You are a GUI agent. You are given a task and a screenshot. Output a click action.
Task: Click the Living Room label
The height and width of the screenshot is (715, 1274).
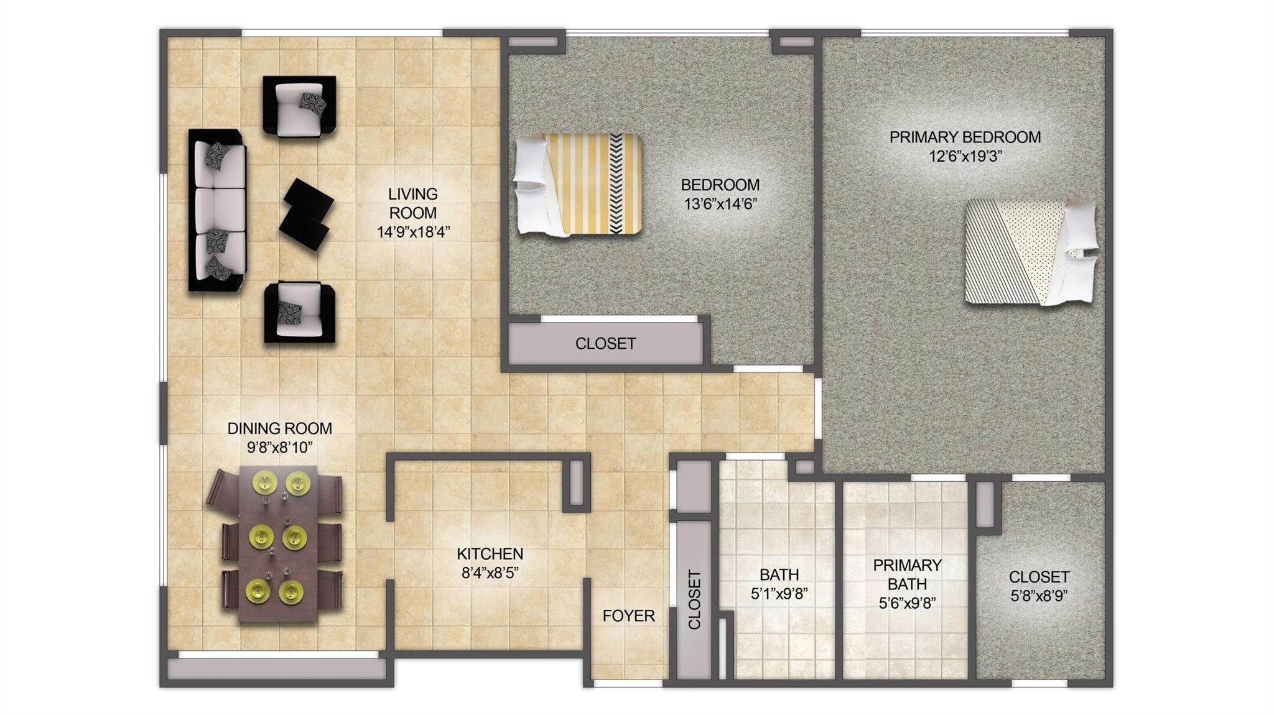(x=412, y=203)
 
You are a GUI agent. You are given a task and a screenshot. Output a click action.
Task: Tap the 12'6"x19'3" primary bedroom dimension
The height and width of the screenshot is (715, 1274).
(x=965, y=157)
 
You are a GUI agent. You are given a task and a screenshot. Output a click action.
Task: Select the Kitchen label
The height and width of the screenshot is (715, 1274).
(x=490, y=553)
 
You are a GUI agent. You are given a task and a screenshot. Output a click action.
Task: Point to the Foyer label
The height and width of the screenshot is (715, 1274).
(x=628, y=616)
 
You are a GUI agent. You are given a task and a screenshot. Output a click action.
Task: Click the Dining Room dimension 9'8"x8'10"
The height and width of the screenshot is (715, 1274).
(x=279, y=447)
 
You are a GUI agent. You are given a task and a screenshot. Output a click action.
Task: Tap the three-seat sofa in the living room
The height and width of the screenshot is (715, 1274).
(x=217, y=210)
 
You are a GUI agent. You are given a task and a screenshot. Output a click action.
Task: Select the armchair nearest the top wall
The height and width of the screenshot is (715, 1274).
(x=299, y=106)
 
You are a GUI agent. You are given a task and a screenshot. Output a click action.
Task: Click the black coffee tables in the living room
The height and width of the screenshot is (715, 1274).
(x=306, y=214)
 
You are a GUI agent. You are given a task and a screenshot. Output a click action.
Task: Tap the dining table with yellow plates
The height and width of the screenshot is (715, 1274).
(x=278, y=543)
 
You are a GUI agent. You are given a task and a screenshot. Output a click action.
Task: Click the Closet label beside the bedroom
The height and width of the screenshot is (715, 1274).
(x=605, y=343)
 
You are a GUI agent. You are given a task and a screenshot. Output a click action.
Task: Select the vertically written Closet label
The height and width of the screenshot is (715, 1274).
(x=694, y=599)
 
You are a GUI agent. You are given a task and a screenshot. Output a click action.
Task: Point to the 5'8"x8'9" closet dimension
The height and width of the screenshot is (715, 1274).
(x=1039, y=596)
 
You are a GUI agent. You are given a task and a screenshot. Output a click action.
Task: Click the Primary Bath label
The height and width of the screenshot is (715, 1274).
(x=907, y=574)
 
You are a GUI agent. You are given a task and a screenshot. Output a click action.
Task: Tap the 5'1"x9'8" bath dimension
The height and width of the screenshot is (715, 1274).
(x=779, y=594)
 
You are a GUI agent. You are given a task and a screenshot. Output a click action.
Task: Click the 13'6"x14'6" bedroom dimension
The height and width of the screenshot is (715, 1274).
(x=720, y=204)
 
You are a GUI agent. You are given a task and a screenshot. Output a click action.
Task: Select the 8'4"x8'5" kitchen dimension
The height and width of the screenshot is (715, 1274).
(x=490, y=573)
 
